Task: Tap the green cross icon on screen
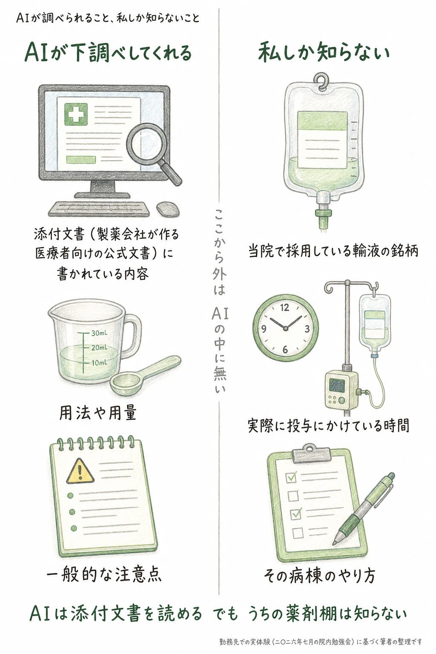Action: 76,114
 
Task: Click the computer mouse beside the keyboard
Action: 168,209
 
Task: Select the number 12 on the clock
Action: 285,307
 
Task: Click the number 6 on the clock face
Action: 285,349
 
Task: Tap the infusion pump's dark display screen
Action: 337,386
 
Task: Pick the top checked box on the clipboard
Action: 292,477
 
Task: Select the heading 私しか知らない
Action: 324,53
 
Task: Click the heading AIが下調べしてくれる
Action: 108,53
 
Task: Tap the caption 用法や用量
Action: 98,413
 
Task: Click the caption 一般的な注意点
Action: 104,574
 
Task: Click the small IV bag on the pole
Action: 375,324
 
